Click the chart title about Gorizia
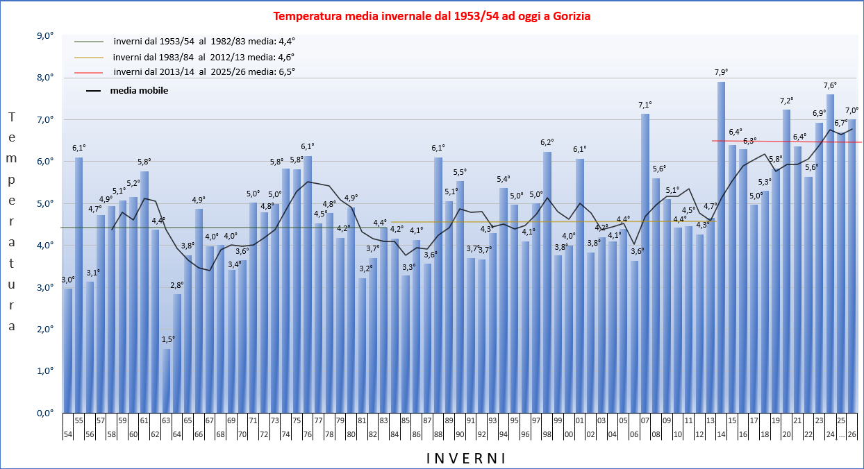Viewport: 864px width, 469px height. [x=431, y=16]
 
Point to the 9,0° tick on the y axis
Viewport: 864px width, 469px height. [x=44, y=36]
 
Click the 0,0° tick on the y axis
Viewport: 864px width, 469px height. [x=44, y=413]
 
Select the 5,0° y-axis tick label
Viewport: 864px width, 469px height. [x=44, y=204]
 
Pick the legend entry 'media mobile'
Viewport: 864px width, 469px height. [x=139, y=90]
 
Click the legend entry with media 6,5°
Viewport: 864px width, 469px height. [x=204, y=71]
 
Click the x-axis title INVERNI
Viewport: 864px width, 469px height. [x=465, y=458]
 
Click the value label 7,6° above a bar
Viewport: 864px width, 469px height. [x=830, y=85]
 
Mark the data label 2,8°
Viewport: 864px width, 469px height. [x=177, y=285]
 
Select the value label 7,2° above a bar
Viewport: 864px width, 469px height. [x=786, y=101]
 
